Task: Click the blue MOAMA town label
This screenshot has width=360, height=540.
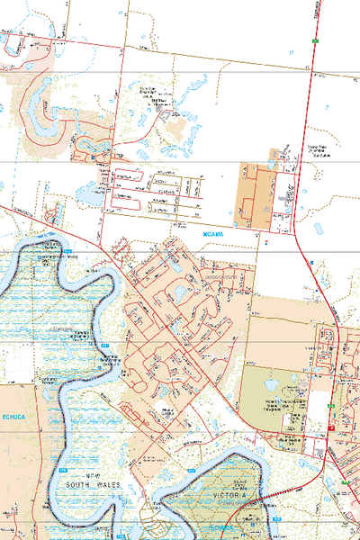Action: click(212, 232)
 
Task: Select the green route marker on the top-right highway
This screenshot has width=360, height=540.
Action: click(317, 41)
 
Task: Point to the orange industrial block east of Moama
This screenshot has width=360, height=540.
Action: click(256, 193)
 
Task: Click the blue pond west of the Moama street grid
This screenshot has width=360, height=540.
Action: click(87, 192)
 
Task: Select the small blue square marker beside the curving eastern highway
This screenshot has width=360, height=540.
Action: click(311, 262)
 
